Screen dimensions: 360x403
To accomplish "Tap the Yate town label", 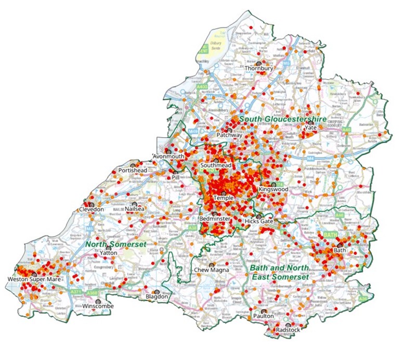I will (311, 128).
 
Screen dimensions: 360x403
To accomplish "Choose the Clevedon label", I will (92, 209).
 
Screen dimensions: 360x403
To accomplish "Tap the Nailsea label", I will (135, 209).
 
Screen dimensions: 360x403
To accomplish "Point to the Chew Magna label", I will (210, 271).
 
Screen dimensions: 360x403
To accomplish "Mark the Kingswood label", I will (273, 190).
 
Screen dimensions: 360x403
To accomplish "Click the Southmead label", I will (216, 166).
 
